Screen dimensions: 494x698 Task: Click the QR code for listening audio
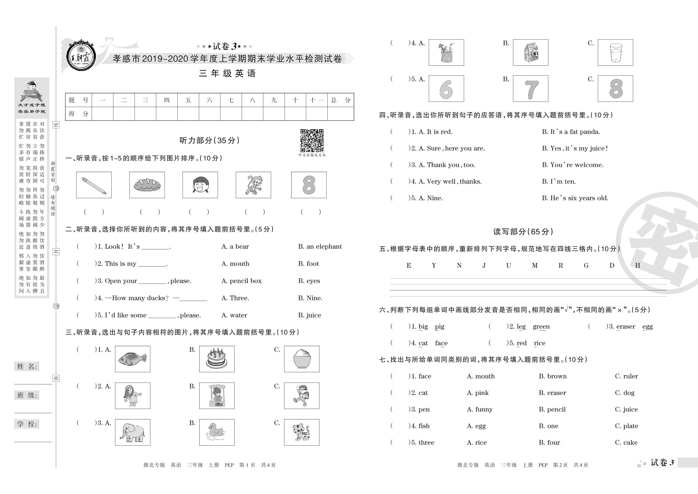(x=312, y=141)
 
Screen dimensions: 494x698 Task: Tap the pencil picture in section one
(x=94, y=185)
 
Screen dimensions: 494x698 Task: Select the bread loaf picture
(x=147, y=185)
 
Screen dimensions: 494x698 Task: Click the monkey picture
(x=253, y=185)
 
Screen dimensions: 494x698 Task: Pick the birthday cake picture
(x=217, y=359)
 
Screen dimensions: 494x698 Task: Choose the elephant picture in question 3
(x=132, y=432)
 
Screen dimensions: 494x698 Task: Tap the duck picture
(x=217, y=432)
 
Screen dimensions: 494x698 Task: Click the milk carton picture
(x=530, y=52)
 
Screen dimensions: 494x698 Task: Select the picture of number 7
(x=530, y=89)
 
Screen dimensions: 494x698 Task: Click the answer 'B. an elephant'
(x=320, y=246)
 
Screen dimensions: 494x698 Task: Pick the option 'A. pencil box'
(x=241, y=281)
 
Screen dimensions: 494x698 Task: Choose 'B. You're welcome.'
(x=572, y=165)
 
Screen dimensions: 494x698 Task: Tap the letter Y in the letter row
(x=434, y=266)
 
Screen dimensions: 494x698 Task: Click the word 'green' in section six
(x=541, y=326)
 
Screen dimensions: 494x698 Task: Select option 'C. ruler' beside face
(x=626, y=376)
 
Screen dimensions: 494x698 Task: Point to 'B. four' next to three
(x=549, y=443)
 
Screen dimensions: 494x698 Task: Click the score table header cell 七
(x=231, y=100)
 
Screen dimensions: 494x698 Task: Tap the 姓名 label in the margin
(x=27, y=366)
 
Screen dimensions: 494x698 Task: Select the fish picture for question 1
(x=132, y=359)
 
